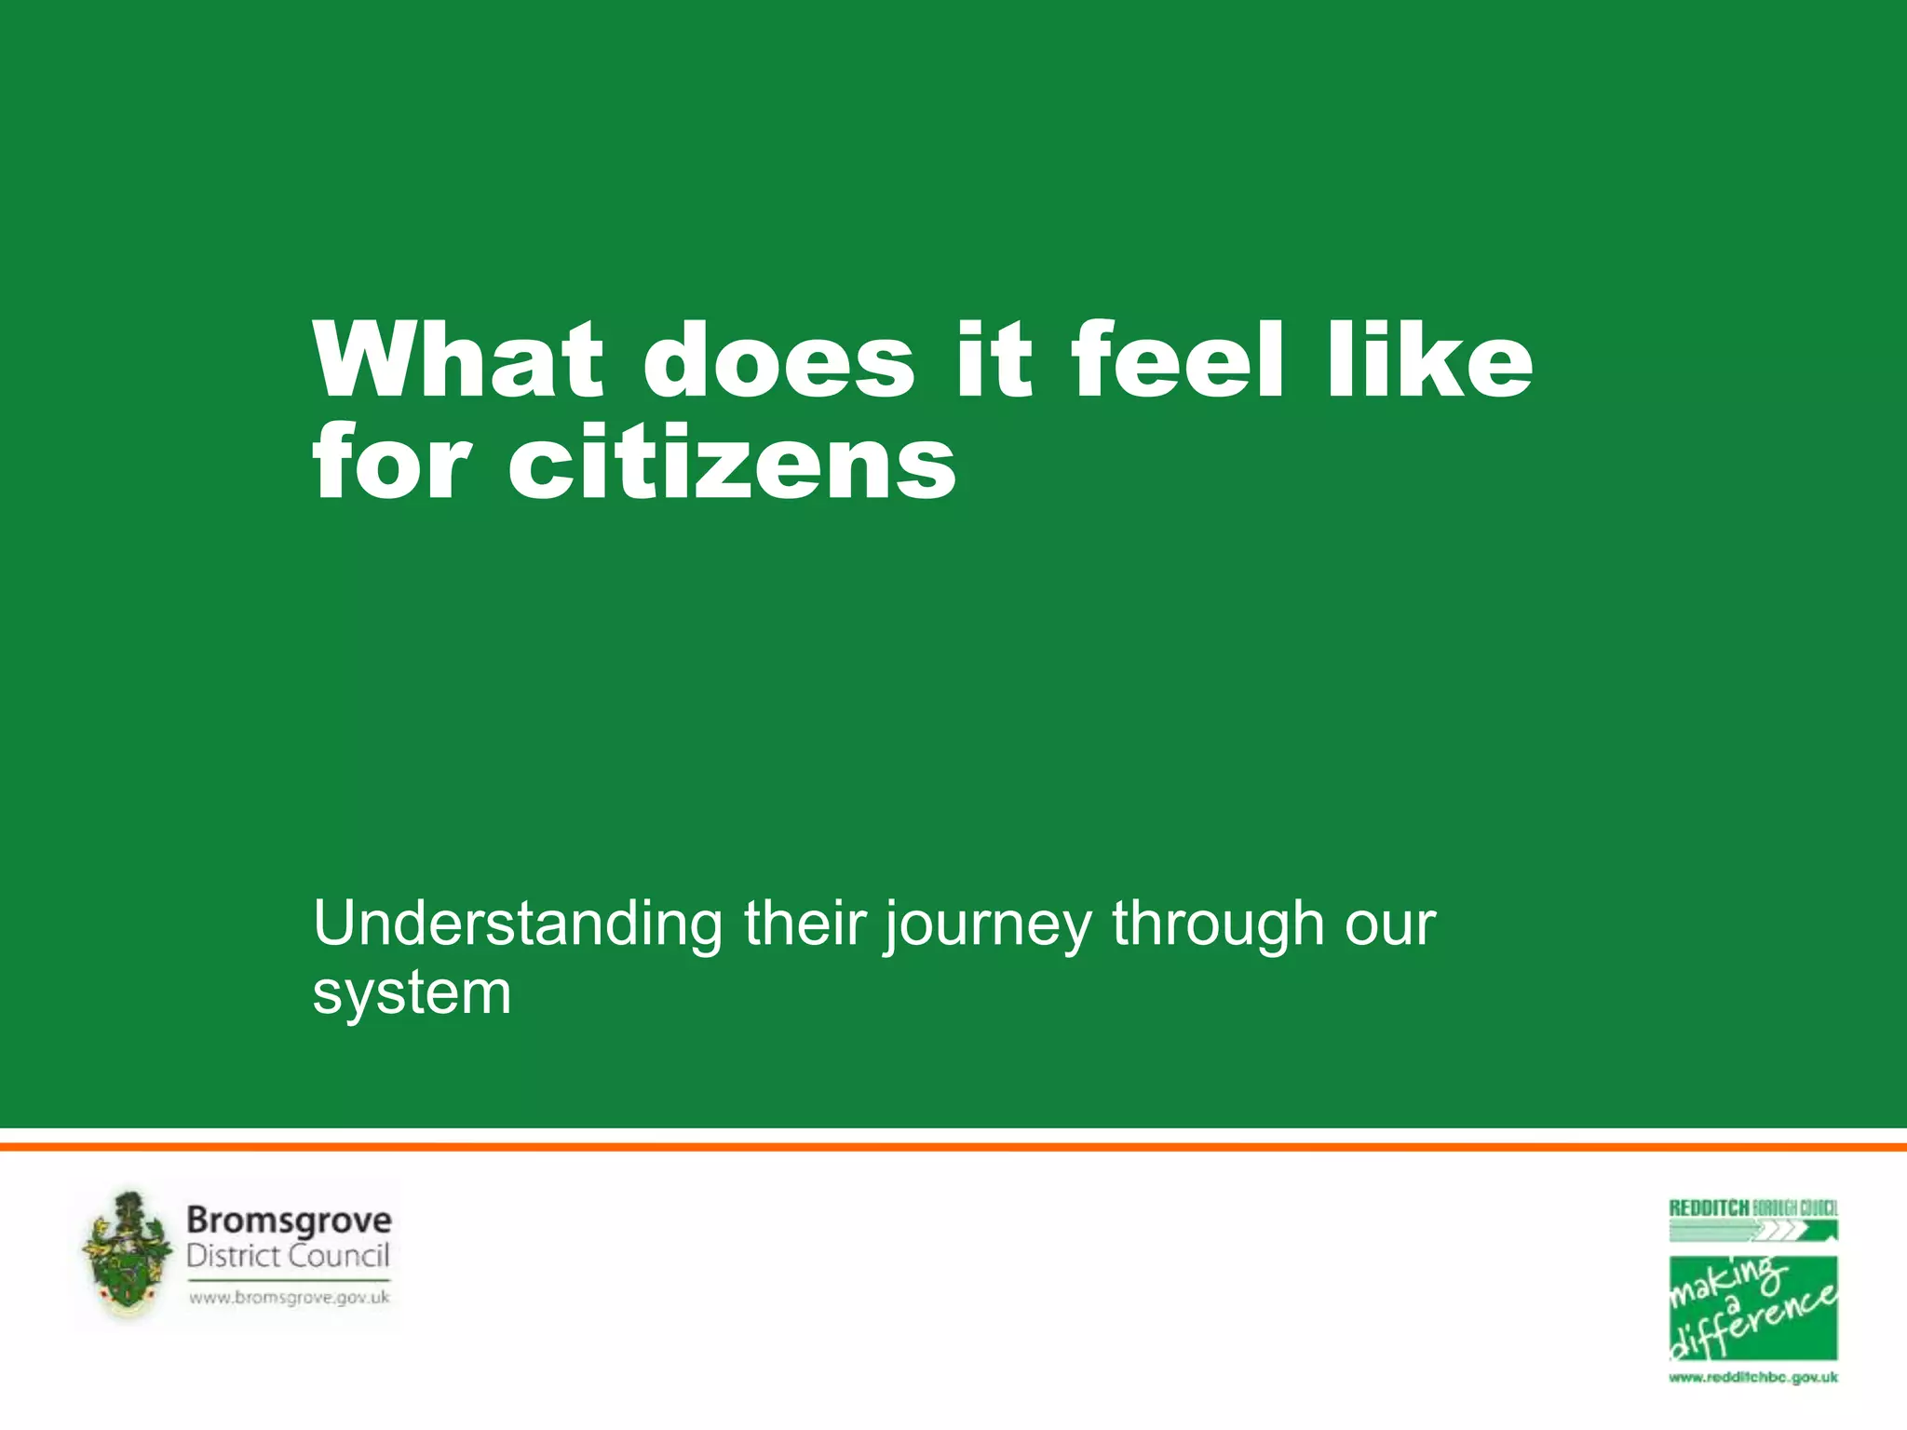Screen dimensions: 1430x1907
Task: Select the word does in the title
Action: pos(778,360)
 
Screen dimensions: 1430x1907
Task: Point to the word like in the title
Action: pos(1429,360)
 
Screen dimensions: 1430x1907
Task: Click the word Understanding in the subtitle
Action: pos(518,924)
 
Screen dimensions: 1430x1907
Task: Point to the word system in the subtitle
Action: pos(412,994)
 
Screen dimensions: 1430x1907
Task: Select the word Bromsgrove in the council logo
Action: pos(289,1220)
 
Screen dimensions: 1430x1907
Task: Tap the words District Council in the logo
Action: pos(288,1256)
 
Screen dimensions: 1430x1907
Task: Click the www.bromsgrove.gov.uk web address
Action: pos(289,1297)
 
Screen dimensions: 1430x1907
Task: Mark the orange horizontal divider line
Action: pos(953,1147)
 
